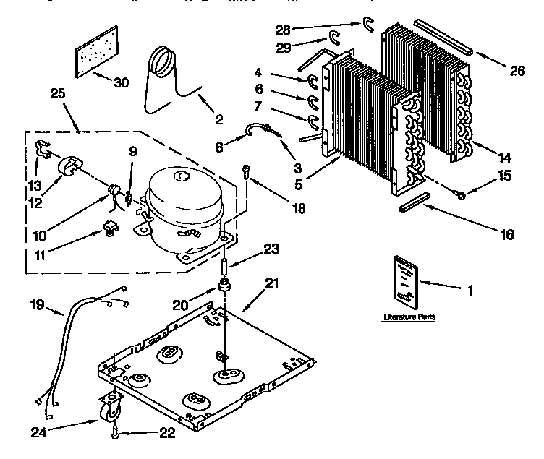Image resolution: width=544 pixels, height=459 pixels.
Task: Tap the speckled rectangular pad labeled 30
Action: coord(96,53)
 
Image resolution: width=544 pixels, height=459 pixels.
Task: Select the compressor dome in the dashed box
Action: coord(183,197)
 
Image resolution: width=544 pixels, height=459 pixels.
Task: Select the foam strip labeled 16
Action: coord(415,202)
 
